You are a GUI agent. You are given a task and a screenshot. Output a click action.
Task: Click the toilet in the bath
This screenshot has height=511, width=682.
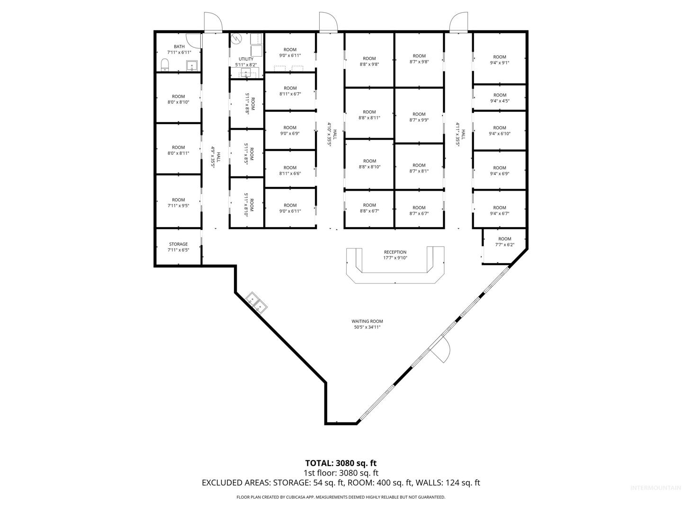click(165, 65)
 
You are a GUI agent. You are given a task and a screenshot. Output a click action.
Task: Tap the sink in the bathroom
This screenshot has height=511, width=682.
click(192, 66)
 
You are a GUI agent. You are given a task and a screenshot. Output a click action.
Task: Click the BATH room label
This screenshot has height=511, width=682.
click(179, 46)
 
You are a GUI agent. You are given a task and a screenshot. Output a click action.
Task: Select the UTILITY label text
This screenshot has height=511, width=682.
click(246, 59)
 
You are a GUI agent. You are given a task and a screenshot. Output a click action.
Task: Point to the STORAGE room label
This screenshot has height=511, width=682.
click(179, 244)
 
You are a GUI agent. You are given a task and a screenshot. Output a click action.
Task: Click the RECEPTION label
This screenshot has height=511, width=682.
click(395, 252)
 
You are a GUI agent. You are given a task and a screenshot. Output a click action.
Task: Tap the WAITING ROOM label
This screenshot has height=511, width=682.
click(367, 321)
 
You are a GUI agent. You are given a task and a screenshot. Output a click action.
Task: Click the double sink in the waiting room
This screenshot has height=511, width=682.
click(256, 303)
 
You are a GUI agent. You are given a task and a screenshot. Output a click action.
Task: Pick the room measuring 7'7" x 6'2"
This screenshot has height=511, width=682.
click(504, 245)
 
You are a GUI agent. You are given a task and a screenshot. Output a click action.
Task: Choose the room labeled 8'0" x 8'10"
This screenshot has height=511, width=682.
click(179, 98)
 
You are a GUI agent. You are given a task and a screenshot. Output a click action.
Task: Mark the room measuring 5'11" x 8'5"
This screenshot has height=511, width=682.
click(247, 153)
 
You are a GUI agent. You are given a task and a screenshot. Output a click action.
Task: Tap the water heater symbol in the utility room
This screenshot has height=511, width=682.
click(236, 39)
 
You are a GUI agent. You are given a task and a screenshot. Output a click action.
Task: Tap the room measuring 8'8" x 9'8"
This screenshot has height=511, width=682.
click(369, 60)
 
